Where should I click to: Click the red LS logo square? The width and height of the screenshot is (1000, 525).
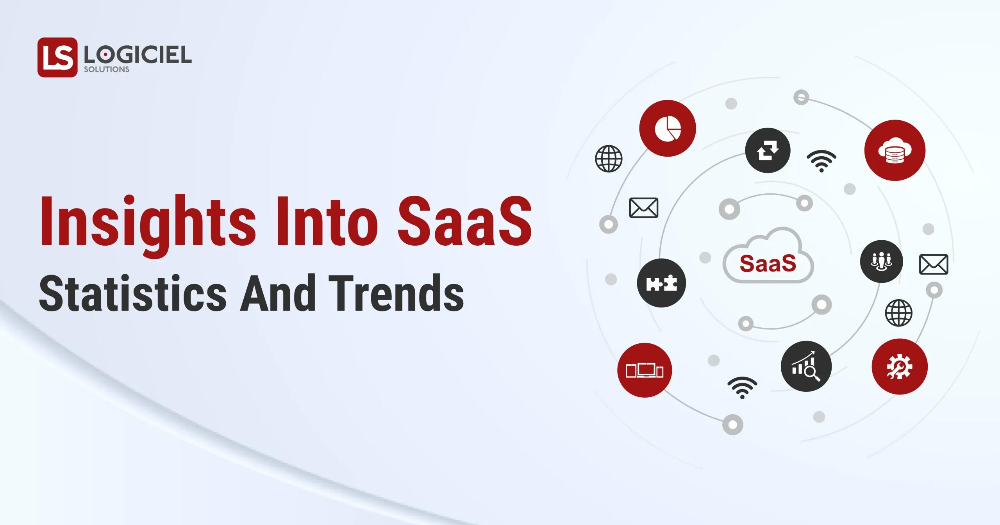pyautogui.click(x=57, y=57)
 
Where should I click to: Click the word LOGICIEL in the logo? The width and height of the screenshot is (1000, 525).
pyautogui.click(x=137, y=55)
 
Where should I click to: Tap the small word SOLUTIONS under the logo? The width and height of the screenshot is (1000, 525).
pyautogui.click(x=106, y=70)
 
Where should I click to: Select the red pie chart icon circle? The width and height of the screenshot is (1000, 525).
pyautogui.click(x=668, y=128)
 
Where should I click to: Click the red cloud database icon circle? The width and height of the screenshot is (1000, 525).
pyautogui.click(x=895, y=150)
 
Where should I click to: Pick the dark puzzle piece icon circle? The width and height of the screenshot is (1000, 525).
pyautogui.click(x=661, y=283)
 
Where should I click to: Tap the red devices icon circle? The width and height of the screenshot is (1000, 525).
pyautogui.click(x=645, y=370)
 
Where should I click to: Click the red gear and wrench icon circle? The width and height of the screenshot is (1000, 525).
pyautogui.click(x=900, y=366)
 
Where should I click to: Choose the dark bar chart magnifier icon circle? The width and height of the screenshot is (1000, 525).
pyautogui.click(x=806, y=366)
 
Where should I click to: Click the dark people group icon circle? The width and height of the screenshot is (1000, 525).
pyautogui.click(x=882, y=261)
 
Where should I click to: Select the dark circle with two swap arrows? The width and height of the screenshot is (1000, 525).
pyautogui.click(x=768, y=150)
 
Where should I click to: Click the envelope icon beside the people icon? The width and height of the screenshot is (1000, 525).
pyautogui.click(x=934, y=264)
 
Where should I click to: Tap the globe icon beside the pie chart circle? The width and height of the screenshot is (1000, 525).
pyautogui.click(x=609, y=159)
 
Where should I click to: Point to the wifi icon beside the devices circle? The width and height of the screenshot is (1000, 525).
pyautogui.click(x=742, y=387)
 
